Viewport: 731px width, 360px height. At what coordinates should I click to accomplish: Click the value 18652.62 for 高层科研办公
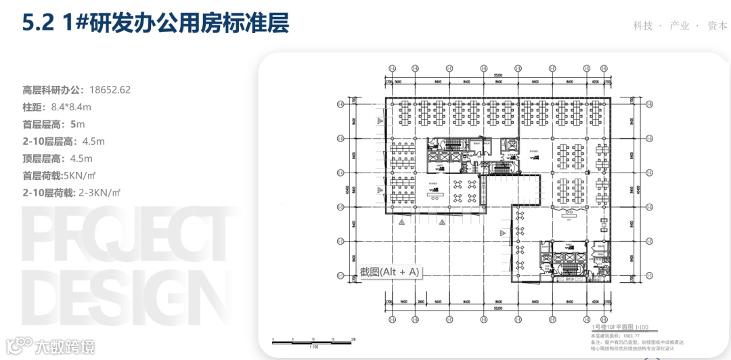click(x=109, y=89)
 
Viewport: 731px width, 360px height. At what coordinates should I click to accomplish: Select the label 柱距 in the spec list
click(x=34, y=107)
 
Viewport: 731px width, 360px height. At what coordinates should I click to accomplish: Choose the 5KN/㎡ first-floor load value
click(x=85, y=176)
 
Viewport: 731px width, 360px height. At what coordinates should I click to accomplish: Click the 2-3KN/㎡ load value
click(x=99, y=194)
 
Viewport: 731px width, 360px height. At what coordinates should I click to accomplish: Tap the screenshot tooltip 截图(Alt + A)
click(x=390, y=272)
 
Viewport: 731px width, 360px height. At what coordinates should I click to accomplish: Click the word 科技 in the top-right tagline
click(x=643, y=26)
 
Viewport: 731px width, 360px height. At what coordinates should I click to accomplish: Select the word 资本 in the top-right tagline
click(x=717, y=26)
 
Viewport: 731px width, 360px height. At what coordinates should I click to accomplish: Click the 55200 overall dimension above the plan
click(x=497, y=74)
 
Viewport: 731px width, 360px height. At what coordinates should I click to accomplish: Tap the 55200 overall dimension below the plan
click(x=497, y=308)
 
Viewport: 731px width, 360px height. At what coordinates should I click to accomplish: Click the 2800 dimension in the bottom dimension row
click(x=420, y=301)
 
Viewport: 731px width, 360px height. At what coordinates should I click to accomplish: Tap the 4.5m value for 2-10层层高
click(x=93, y=141)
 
